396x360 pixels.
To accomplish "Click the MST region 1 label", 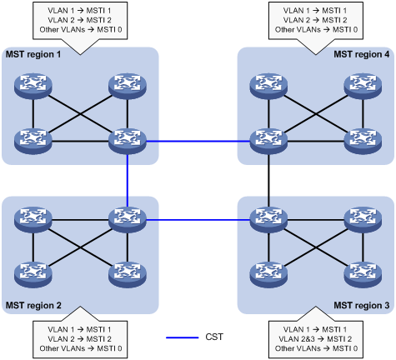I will pyautogui.click(x=34, y=54).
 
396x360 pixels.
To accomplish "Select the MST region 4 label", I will pyautogui.click(x=362, y=54).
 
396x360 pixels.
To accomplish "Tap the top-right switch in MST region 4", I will pyautogui.click(x=363, y=85).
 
